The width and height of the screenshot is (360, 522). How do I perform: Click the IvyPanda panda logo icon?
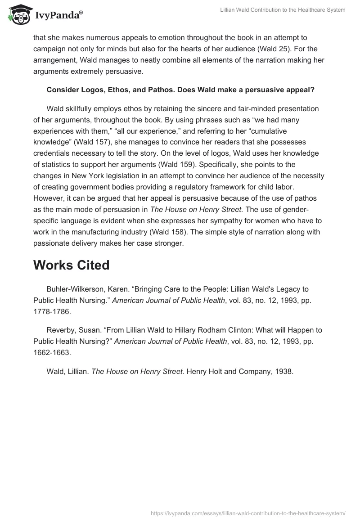tap(18, 14)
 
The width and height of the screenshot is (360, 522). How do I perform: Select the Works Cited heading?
tap(71, 265)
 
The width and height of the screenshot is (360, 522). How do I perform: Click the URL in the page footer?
tap(248, 513)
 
